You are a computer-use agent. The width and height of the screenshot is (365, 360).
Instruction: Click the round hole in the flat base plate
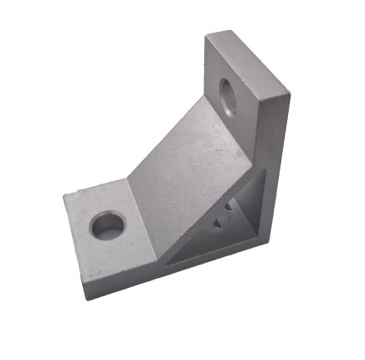click(108, 224)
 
